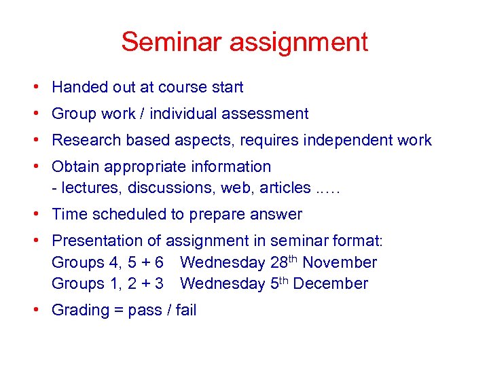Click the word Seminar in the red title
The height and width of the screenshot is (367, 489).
point(172,42)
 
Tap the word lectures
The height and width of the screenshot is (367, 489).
point(84,188)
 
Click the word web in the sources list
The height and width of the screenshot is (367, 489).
point(230,188)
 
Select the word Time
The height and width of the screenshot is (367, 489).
point(68,214)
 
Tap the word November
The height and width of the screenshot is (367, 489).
point(342,262)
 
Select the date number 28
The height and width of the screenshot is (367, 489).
point(278,262)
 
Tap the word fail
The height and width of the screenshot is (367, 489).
point(185,310)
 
